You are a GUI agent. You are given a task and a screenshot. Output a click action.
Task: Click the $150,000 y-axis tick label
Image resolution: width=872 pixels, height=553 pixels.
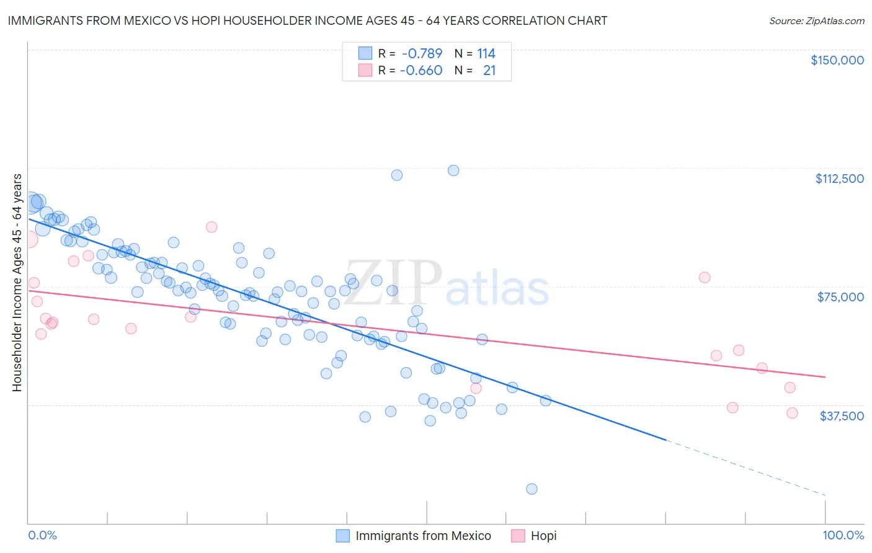pyautogui.click(x=837, y=60)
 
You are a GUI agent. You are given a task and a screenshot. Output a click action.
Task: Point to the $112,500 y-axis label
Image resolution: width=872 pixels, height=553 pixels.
pyautogui.click(x=839, y=179)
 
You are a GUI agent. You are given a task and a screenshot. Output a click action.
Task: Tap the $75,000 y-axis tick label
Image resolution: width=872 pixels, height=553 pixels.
pyautogui.click(x=840, y=297)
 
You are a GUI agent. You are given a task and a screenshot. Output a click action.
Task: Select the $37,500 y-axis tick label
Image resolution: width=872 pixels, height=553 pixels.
pyautogui.click(x=841, y=416)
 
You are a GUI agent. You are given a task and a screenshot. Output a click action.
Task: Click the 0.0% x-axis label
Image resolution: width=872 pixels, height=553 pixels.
pyautogui.click(x=42, y=535)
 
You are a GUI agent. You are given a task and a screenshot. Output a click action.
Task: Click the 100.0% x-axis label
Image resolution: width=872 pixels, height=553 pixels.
pyautogui.click(x=843, y=535)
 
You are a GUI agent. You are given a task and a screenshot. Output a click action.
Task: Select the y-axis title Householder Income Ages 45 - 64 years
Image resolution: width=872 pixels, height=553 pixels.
pyautogui.click(x=17, y=283)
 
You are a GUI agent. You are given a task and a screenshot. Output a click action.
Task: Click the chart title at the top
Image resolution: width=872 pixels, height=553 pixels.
pyautogui.click(x=308, y=20)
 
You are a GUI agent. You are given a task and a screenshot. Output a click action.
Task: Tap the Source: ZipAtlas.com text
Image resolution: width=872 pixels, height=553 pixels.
pyautogui.click(x=816, y=20)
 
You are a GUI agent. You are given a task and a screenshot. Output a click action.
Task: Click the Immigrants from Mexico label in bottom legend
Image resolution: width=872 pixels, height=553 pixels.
pyautogui.click(x=423, y=536)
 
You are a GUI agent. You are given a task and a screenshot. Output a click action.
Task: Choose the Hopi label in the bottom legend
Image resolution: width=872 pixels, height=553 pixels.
pyautogui.click(x=543, y=536)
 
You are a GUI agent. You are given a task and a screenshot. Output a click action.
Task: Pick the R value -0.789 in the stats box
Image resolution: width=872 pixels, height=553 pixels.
pyautogui.click(x=421, y=53)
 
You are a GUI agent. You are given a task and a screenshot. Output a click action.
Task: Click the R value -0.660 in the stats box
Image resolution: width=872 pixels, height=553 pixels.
pyautogui.click(x=421, y=71)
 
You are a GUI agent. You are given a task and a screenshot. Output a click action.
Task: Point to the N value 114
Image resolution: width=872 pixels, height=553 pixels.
pyautogui.click(x=486, y=53)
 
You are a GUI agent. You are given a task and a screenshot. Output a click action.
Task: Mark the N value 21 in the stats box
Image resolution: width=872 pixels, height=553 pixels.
pyautogui.click(x=489, y=71)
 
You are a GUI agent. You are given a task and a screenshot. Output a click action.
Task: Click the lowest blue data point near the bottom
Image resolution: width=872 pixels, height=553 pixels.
pyautogui.click(x=532, y=489)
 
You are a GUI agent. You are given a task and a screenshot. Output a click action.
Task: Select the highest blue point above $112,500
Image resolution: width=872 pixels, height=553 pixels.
pyautogui.click(x=453, y=170)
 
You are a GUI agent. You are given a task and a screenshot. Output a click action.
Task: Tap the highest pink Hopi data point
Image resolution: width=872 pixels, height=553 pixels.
pyautogui.click(x=211, y=227)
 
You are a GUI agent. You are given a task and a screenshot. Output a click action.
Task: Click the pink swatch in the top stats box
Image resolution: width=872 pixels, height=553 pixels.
pyautogui.click(x=365, y=71)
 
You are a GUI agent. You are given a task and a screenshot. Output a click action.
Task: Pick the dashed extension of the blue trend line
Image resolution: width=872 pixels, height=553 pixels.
pyautogui.click(x=744, y=467)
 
